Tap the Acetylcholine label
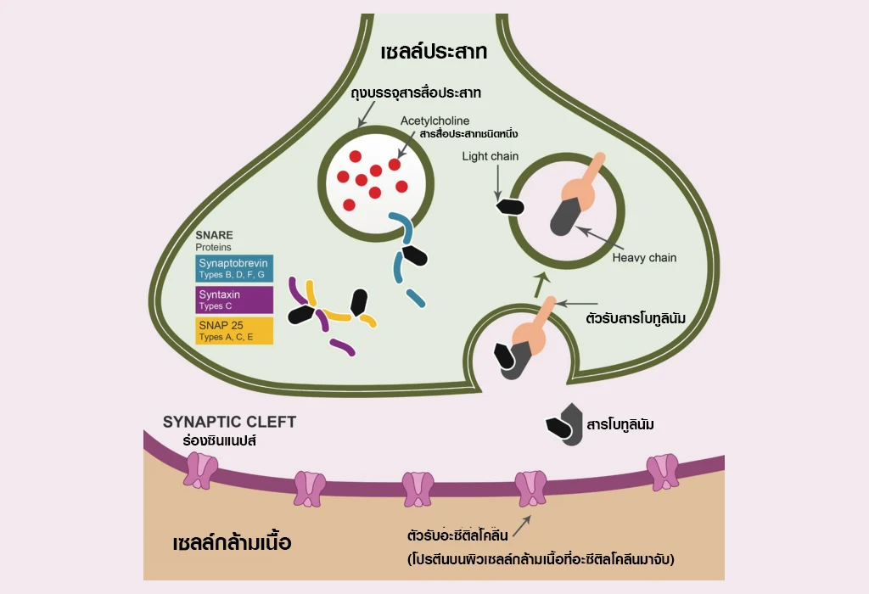[x=435, y=121]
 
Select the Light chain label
[x=491, y=156]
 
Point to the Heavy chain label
[x=644, y=257]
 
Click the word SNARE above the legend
[x=214, y=235]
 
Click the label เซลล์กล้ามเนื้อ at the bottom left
[x=232, y=541]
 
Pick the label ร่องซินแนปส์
[x=219, y=441]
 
